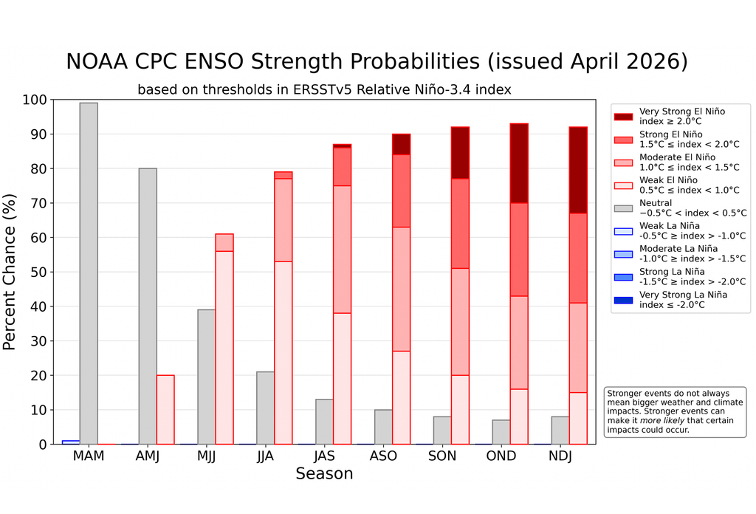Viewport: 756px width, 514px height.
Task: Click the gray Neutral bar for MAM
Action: click(89, 273)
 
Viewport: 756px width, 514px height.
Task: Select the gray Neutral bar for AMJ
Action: click(148, 306)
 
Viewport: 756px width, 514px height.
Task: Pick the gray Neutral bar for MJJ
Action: click(207, 377)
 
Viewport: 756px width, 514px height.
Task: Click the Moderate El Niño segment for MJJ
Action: click(224, 242)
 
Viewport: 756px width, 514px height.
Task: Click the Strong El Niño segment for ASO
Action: click(401, 191)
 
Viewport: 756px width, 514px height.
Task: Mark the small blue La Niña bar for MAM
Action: click(71, 442)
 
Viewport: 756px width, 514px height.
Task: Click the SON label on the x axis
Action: click(442, 456)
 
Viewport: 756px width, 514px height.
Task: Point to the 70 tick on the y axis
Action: click(39, 203)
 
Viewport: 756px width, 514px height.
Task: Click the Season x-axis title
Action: click(324, 474)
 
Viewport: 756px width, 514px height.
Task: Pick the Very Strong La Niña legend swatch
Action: click(624, 299)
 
